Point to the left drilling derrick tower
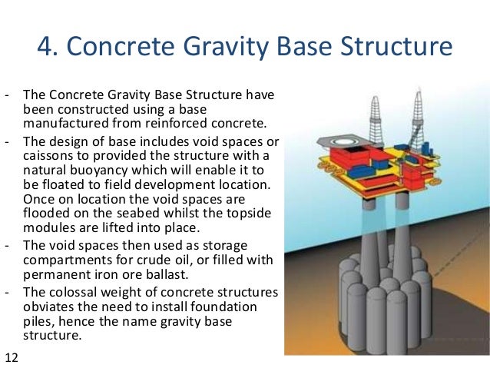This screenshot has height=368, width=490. point(376,116)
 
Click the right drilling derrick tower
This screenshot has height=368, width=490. point(419,115)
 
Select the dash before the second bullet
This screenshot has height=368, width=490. point(7,142)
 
